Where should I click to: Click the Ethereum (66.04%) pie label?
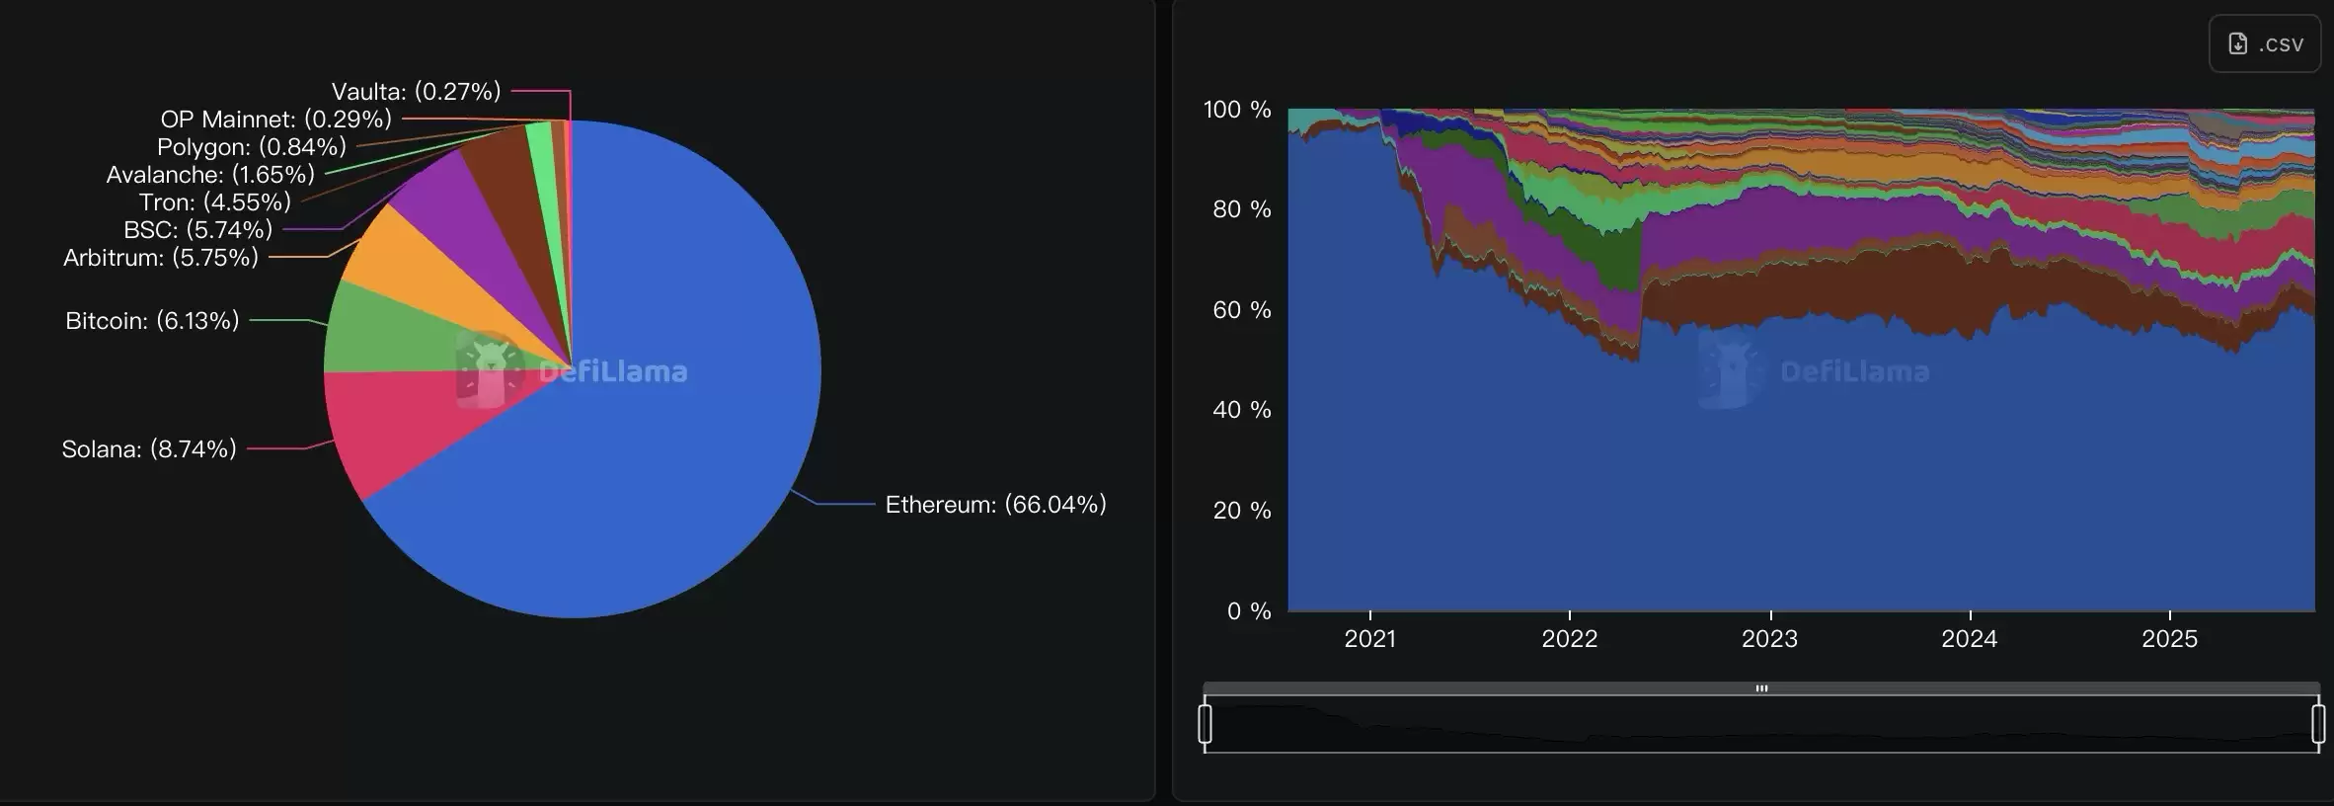(995, 505)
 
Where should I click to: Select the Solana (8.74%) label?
(149, 449)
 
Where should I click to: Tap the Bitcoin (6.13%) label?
(152, 321)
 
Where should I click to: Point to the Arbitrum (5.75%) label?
(161, 258)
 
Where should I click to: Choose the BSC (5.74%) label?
(197, 230)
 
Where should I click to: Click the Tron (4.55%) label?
(215, 202)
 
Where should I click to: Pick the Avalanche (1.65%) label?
(210, 175)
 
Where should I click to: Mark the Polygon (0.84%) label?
(252, 147)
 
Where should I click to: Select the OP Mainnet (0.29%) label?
(276, 120)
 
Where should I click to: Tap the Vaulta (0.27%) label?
(416, 92)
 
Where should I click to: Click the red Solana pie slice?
(395, 425)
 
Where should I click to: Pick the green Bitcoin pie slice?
(385, 331)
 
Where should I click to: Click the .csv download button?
(2265, 44)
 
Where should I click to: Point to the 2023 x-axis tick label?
(1769, 639)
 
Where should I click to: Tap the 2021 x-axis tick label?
(1369, 639)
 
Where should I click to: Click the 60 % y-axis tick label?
(1241, 310)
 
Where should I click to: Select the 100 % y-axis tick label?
(1236, 110)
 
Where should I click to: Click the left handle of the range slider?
(1205, 724)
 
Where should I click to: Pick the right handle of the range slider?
(2318, 724)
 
